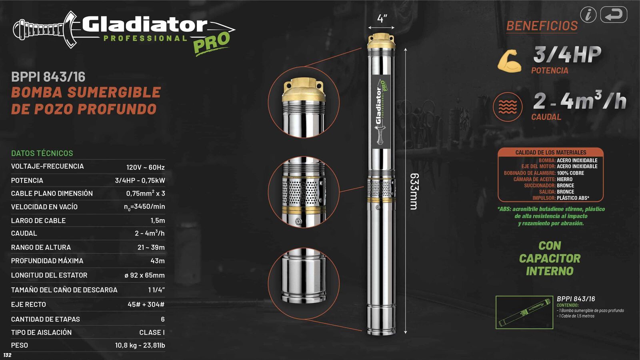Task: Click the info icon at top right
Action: click(x=588, y=15)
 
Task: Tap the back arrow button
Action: click(x=614, y=15)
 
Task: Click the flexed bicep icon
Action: click(x=509, y=61)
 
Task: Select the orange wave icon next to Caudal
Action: click(x=508, y=107)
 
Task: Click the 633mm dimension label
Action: click(x=414, y=191)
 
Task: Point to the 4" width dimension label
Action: click(x=382, y=18)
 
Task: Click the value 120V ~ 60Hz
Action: click(x=145, y=167)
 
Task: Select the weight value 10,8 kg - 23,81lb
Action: click(x=140, y=345)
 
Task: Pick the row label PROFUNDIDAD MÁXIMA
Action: click(x=47, y=261)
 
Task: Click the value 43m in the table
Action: click(x=157, y=261)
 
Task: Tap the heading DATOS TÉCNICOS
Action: click(x=42, y=153)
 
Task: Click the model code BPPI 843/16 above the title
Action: click(x=48, y=77)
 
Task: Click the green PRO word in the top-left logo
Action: click(x=212, y=42)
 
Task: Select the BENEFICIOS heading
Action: click(x=542, y=26)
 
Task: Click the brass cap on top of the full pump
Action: click(x=381, y=40)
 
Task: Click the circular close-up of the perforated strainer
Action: click(x=304, y=192)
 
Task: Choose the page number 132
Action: click(x=7, y=355)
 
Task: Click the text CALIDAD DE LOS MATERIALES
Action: click(x=550, y=152)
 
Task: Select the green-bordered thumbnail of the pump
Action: click(x=524, y=312)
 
